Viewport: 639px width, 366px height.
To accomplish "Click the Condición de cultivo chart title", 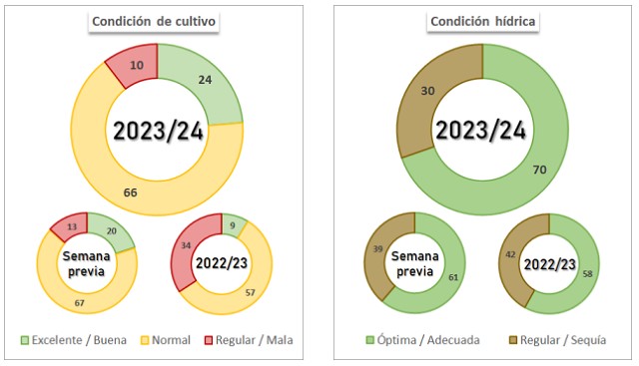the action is (154, 21).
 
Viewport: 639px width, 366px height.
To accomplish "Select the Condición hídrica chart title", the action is (482, 21).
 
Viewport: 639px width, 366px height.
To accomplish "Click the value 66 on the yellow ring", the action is (131, 192).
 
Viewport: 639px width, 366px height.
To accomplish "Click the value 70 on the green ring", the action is (539, 170).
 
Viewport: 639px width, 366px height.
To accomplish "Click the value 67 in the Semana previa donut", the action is (79, 303).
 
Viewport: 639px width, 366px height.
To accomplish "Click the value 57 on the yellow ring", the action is (251, 292).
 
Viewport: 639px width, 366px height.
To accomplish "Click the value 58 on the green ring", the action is (587, 274).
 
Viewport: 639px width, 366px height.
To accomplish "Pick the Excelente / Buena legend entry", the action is (74, 340).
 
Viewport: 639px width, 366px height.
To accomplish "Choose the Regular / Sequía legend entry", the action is (558, 340).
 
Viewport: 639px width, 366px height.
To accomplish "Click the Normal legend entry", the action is (166, 340).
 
